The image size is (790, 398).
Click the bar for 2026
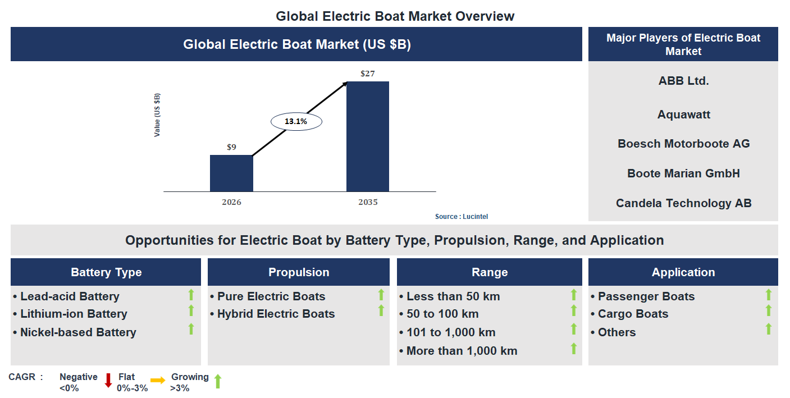231,173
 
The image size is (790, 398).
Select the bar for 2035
367,136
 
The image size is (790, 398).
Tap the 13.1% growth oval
296,121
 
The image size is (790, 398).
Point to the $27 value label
367,74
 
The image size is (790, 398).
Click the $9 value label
231,147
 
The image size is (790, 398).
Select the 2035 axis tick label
368,202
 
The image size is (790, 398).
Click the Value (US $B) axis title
157,115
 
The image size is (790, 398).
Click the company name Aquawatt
683,115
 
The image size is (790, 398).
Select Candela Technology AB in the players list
683,203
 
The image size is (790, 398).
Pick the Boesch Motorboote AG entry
683,144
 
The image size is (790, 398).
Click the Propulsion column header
299,272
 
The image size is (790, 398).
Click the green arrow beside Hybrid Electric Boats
381,311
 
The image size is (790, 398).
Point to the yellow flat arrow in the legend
158,381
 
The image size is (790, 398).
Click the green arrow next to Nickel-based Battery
191,329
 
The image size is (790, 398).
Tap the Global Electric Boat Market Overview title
395,16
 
